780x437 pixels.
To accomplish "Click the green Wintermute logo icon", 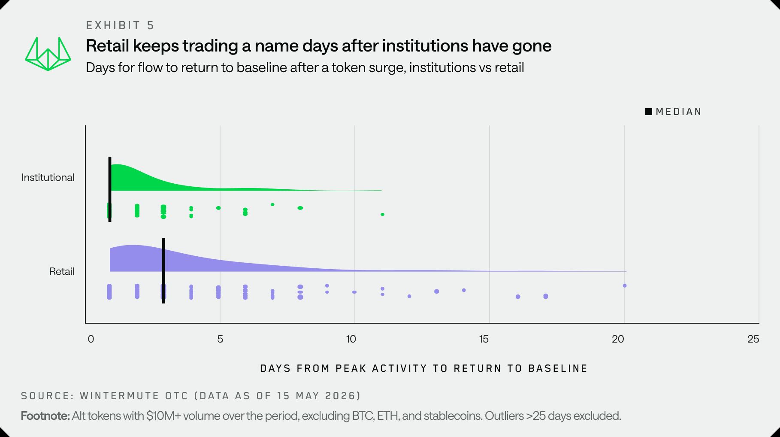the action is [48, 54].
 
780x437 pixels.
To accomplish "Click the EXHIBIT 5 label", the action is [120, 25].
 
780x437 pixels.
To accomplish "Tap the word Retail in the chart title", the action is [108, 46].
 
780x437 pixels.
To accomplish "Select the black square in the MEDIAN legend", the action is [649, 112].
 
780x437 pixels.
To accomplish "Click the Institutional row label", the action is [48, 177].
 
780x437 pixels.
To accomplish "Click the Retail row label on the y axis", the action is [62, 271].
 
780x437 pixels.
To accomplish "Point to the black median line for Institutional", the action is [110, 189].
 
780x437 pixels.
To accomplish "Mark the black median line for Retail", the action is [163, 271].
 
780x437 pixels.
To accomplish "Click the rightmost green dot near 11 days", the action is [382, 214].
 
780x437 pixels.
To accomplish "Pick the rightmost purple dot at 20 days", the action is [625, 285].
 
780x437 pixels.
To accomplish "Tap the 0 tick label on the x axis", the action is [91, 339].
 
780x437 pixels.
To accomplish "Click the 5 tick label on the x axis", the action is [220, 339].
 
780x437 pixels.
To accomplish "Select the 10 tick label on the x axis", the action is [351, 339].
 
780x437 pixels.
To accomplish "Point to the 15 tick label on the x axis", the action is [484, 339].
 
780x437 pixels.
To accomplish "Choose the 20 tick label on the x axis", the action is [618, 339].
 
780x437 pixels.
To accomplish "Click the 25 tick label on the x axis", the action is [753, 339].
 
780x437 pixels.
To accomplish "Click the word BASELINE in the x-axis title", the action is [558, 368].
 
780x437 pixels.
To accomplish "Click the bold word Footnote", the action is [45, 416].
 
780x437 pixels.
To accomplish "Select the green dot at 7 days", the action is [272, 204].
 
